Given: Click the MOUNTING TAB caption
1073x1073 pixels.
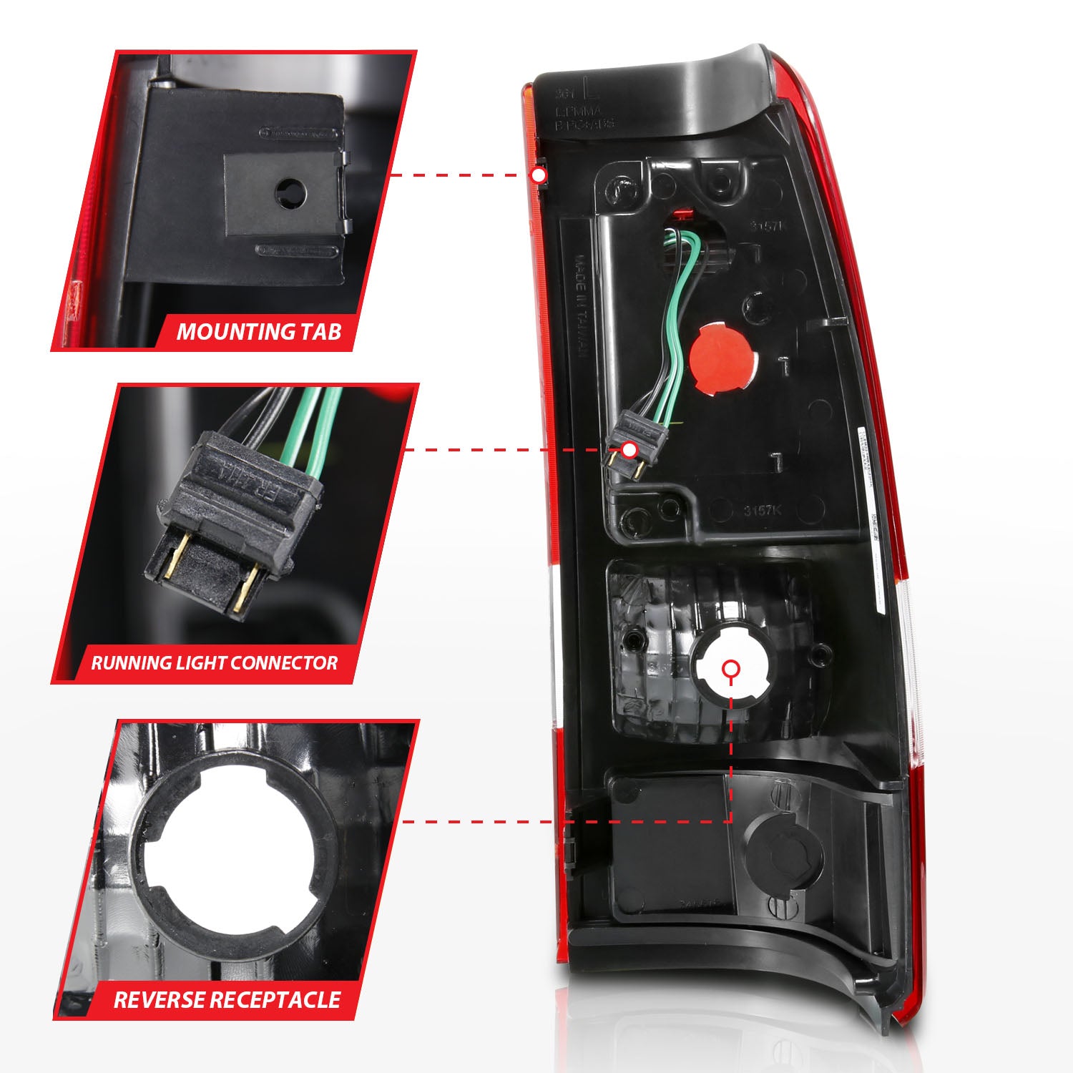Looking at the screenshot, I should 259,332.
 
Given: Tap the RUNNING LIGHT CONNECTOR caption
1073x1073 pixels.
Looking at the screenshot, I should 214,662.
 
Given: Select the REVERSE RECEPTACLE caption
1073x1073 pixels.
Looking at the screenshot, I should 227,999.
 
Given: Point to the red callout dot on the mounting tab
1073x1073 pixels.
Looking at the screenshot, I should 539,175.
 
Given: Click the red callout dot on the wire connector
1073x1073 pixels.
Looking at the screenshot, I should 629,450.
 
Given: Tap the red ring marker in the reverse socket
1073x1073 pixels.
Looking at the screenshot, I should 730,669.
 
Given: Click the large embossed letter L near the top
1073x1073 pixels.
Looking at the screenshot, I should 591,91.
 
